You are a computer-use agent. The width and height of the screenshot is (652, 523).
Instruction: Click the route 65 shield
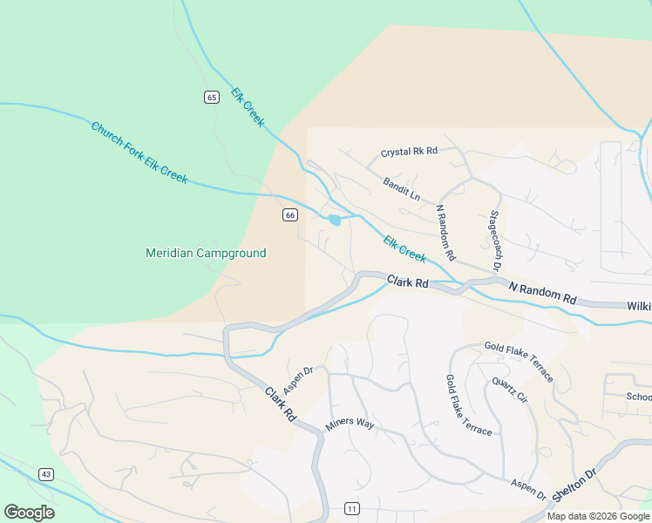pos(212,97)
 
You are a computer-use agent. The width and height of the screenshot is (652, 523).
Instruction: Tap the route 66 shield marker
pos(290,214)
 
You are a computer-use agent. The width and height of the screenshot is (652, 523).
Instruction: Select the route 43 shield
pos(46,474)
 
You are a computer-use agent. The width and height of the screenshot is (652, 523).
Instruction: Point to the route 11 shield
pos(351,508)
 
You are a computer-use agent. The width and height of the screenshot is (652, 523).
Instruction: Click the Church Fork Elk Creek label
pos(139,152)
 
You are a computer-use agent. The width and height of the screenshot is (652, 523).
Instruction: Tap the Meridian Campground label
pos(205,253)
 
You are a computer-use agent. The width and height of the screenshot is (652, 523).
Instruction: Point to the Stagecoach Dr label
pos(497,238)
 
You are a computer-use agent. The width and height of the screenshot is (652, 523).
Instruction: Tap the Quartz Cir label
pos(510,390)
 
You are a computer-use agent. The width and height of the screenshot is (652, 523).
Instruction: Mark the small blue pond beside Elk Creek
pos(335,220)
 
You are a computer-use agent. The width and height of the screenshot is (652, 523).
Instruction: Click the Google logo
pos(29,513)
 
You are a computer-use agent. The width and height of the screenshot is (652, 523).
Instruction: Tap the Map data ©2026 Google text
pos(599,516)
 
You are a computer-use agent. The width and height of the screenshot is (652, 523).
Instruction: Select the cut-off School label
pos(639,396)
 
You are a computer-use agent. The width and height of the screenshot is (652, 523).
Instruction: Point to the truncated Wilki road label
pos(639,306)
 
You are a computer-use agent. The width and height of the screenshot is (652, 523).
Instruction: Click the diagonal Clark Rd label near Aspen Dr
pos(280,405)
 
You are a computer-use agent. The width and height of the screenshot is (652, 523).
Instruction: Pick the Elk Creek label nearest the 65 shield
pos(248,107)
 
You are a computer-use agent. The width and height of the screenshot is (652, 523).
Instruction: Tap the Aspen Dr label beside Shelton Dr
pos(528,490)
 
